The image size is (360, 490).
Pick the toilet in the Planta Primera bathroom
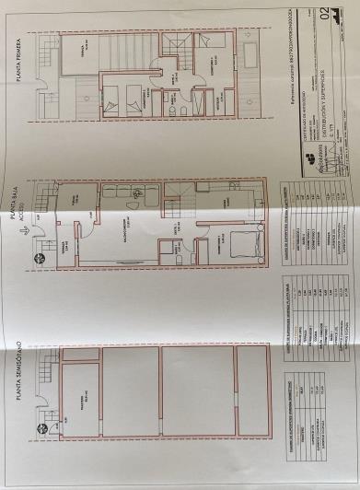(170, 109)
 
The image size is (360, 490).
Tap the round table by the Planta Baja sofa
(137, 195)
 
